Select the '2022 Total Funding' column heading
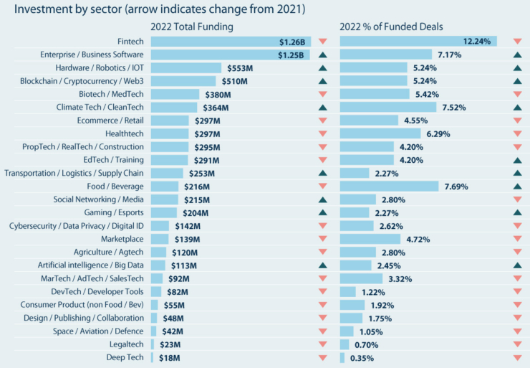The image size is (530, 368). click(193, 27)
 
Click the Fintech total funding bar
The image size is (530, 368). click(230, 42)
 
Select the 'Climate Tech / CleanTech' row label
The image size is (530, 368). click(101, 107)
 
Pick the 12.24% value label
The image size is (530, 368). click(477, 42)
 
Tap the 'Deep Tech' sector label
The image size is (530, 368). click(125, 357)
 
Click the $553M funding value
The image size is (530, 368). click(240, 68)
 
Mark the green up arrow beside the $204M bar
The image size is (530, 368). click(322, 212)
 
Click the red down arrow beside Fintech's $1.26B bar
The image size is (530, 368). click(322, 42)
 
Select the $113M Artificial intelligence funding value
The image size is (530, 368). click(183, 265)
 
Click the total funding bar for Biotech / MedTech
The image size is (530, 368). click(175, 94)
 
